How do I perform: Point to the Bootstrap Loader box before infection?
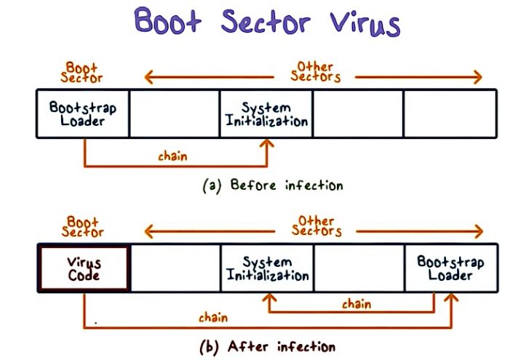tap(83, 113)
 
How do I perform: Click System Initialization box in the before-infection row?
tap(266, 113)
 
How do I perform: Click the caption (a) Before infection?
tap(272, 185)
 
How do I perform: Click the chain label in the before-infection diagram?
tap(172, 156)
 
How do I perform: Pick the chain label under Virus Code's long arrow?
tap(212, 317)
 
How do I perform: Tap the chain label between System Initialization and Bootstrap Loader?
tap(356, 304)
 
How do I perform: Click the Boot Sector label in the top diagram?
tap(81, 71)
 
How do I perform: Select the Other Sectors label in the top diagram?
tap(316, 71)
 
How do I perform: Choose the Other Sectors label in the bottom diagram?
tap(316, 226)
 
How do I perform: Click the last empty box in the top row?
tap(450, 113)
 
